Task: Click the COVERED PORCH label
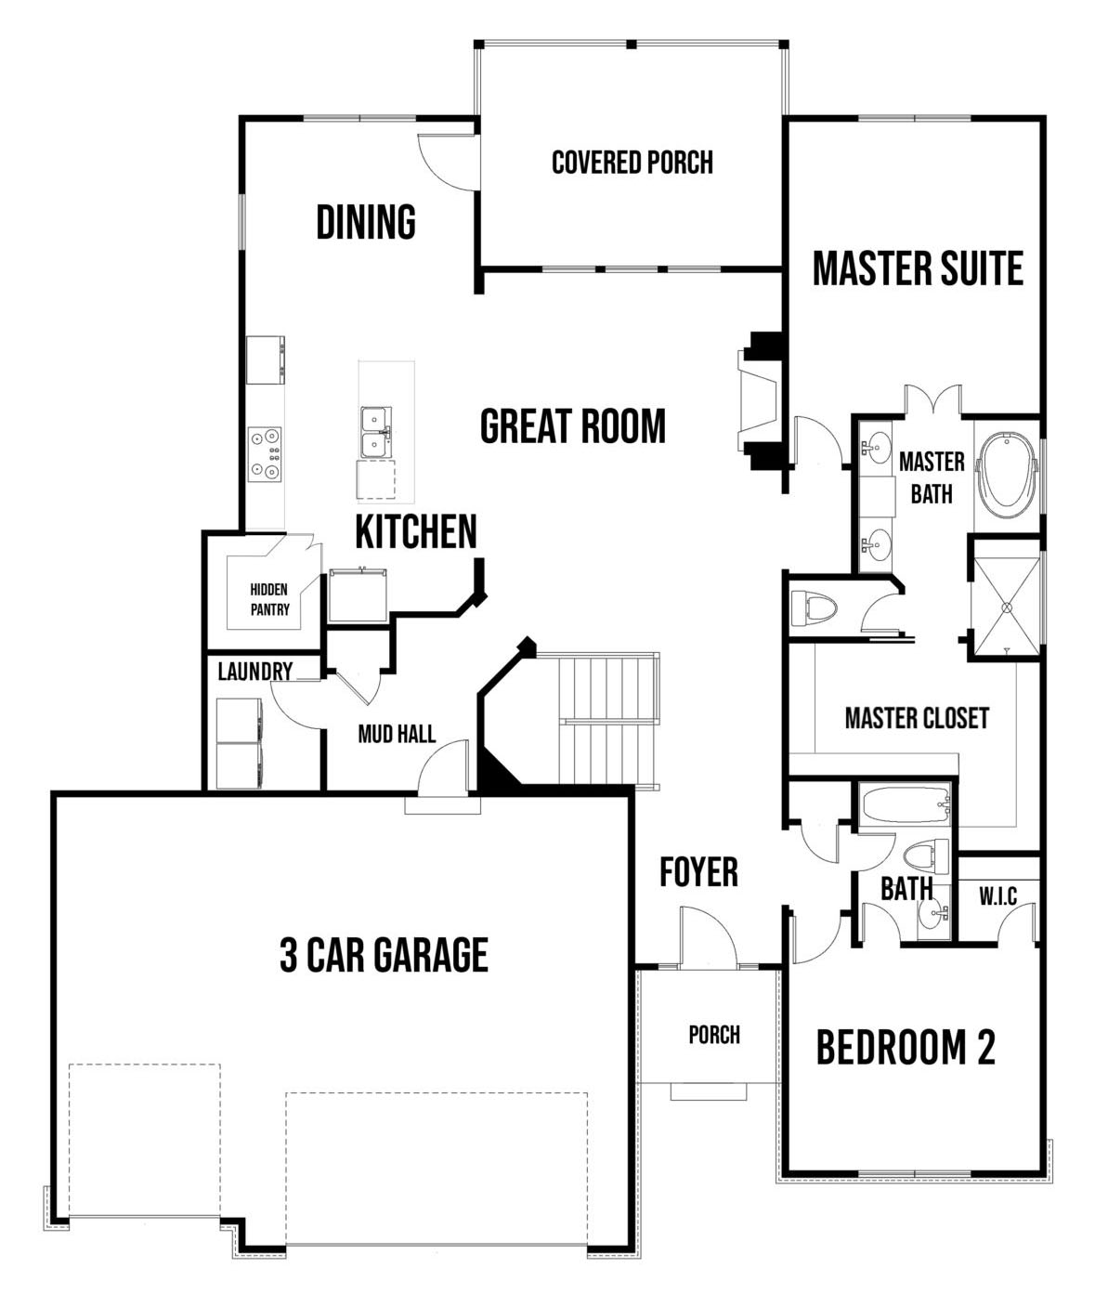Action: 632,163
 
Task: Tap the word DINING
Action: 366,222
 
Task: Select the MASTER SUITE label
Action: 918,268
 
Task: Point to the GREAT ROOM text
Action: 573,426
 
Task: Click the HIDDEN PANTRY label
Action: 269,599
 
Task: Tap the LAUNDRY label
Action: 255,672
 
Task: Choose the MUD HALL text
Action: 397,734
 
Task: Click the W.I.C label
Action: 997,896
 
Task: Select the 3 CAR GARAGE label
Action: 384,955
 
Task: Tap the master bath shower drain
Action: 1007,607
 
